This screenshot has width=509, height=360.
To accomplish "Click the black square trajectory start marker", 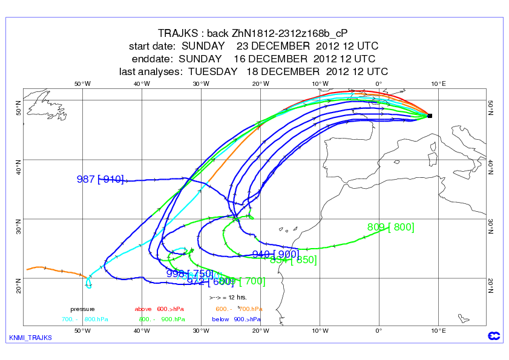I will tap(430, 115).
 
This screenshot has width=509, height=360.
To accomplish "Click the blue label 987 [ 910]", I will tap(100, 179).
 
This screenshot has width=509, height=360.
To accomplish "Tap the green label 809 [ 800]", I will tap(390, 227).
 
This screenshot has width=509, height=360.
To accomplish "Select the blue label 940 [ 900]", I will tap(275, 254).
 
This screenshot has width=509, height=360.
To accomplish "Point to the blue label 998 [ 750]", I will tap(189, 273).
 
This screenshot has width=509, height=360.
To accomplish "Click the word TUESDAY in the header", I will tap(213, 71).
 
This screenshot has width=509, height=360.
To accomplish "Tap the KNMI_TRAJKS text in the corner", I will tap(31, 338).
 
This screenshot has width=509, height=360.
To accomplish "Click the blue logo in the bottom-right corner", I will tap(493, 336).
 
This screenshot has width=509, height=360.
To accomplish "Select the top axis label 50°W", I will tap(82, 83).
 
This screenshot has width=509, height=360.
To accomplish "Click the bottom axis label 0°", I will tap(379, 330).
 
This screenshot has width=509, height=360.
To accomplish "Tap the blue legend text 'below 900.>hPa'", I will tap(237, 319).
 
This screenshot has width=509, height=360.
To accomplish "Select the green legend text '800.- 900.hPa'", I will tap(161, 319).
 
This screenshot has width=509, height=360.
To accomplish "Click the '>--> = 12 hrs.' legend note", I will tap(229, 298).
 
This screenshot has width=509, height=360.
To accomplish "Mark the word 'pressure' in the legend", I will tap(82, 309).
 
